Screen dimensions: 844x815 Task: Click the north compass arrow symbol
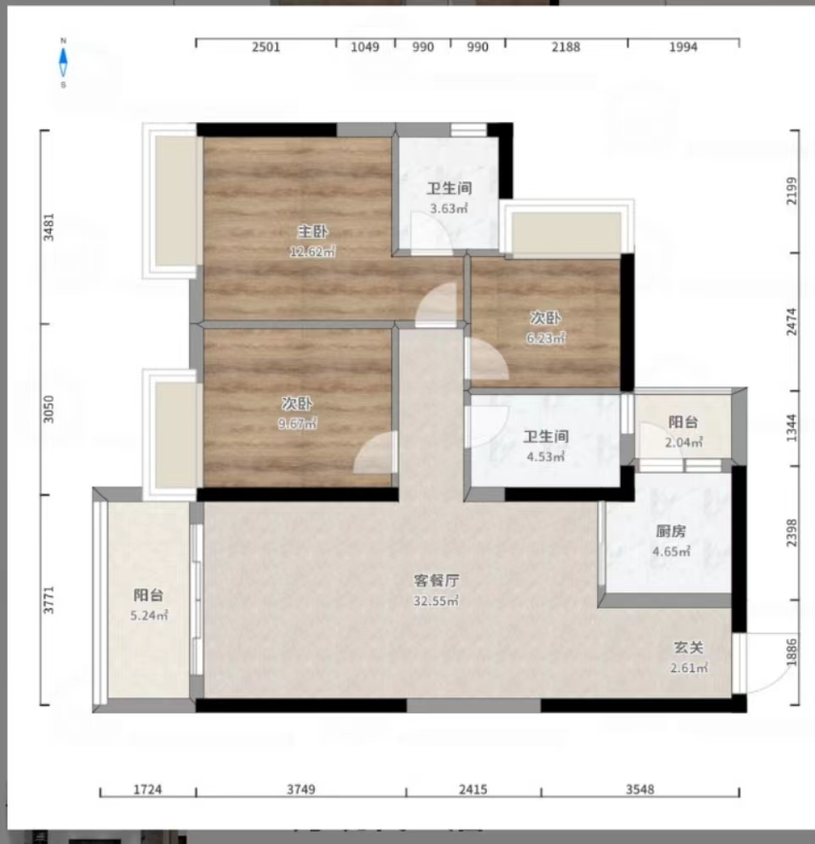pyautogui.click(x=64, y=62)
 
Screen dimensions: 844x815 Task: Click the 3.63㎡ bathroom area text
pyautogui.click(x=449, y=208)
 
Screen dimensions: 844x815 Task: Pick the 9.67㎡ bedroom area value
pyautogui.click(x=298, y=423)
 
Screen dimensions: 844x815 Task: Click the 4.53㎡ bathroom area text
pyautogui.click(x=545, y=457)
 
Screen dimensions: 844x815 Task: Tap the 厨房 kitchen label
pyautogui.click(x=671, y=532)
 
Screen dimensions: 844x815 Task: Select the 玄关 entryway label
pyautogui.click(x=688, y=647)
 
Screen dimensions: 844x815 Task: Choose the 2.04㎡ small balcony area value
pyautogui.click(x=684, y=441)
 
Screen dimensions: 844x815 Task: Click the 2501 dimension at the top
pyautogui.click(x=265, y=47)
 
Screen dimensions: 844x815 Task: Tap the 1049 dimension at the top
pyautogui.click(x=365, y=47)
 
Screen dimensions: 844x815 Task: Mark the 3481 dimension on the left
pyautogui.click(x=49, y=226)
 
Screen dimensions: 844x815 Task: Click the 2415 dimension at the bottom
pyautogui.click(x=473, y=790)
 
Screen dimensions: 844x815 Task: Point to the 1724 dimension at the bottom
pyautogui.click(x=148, y=790)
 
